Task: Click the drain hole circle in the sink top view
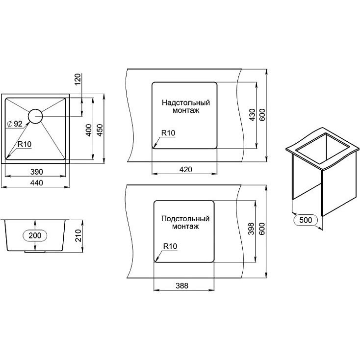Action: [x=28, y=116]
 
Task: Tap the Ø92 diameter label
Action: [x=15, y=124]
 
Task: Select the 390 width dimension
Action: [x=36, y=172]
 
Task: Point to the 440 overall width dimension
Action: [x=36, y=183]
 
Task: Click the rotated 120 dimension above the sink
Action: [x=78, y=79]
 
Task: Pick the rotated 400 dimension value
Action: [x=89, y=130]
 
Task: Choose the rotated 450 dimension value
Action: [x=100, y=130]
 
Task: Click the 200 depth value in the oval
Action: [x=35, y=235]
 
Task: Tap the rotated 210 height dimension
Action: [x=78, y=235]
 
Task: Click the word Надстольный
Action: [x=186, y=103]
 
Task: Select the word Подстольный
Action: [x=185, y=219]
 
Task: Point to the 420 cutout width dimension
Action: [x=185, y=169]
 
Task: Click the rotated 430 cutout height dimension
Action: [x=252, y=115]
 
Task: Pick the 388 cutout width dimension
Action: [x=182, y=285]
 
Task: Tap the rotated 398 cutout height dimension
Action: [x=252, y=229]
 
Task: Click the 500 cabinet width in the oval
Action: [x=306, y=220]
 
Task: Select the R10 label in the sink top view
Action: [x=25, y=144]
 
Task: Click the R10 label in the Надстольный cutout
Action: [x=168, y=133]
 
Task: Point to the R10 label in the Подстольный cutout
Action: [x=170, y=246]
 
